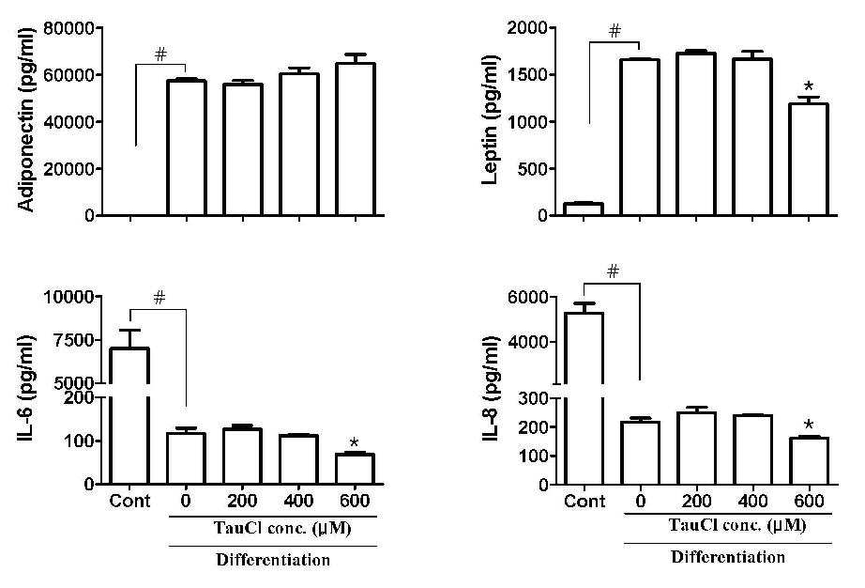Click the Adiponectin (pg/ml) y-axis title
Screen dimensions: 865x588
click(x=27, y=119)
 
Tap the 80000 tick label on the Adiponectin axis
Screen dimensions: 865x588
click(x=69, y=27)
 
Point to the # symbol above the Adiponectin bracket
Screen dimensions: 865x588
click(x=160, y=54)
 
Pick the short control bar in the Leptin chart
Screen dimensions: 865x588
click(x=584, y=209)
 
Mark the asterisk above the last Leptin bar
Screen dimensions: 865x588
click(x=809, y=86)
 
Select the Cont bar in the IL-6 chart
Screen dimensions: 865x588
click(x=130, y=416)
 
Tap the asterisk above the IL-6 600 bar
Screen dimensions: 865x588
click(x=355, y=442)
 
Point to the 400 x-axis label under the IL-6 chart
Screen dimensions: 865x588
click(x=298, y=501)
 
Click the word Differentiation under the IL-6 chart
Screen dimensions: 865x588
click(x=273, y=560)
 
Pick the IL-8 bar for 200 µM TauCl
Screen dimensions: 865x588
click(x=696, y=448)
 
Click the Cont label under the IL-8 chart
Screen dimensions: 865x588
click(x=584, y=502)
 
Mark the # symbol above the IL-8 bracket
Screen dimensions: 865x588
click(x=613, y=271)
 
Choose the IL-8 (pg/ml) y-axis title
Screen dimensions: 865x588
click(x=491, y=390)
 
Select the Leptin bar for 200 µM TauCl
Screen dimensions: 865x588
click(x=696, y=133)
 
